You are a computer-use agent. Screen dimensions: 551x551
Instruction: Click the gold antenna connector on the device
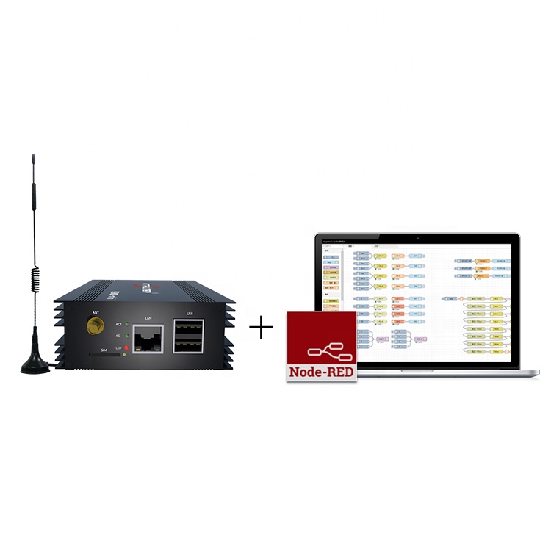click(94, 324)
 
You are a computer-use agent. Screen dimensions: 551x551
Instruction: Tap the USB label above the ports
click(190, 314)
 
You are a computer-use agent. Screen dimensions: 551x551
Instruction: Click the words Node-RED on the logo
click(321, 371)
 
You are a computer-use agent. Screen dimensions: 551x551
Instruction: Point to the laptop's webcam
click(417, 237)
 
